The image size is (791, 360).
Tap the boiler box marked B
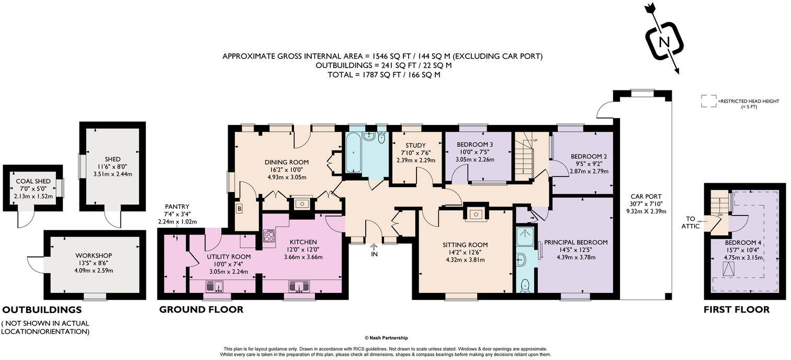(240, 209)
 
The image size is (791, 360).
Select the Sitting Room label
(465, 244)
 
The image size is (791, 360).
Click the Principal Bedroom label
(575, 242)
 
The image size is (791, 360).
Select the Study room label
(416, 145)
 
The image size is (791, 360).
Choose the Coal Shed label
(33, 182)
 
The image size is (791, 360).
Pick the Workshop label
(94, 255)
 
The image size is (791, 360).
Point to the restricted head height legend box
(709, 100)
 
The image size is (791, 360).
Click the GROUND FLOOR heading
(201, 310)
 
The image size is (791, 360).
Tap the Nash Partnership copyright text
(386, 338)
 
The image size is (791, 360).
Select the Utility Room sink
(215, 286)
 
